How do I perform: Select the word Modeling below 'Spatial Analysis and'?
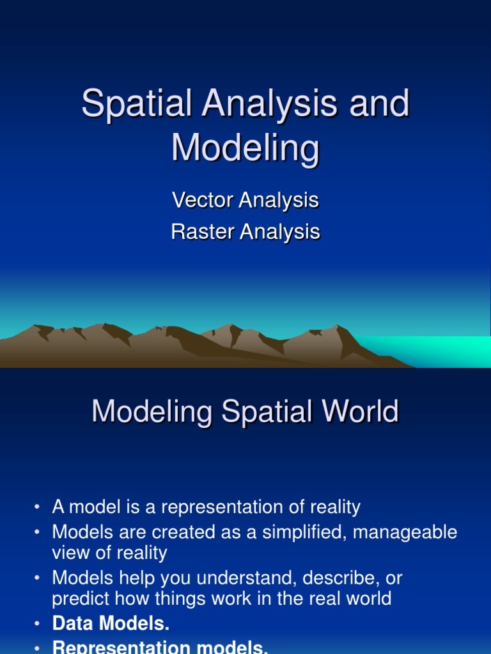(245, 149)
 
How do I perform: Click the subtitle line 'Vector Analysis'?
(245, 201)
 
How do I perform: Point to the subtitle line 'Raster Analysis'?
(245, 232)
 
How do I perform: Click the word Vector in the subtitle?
(203, 201)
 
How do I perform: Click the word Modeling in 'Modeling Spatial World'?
(152, 412)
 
